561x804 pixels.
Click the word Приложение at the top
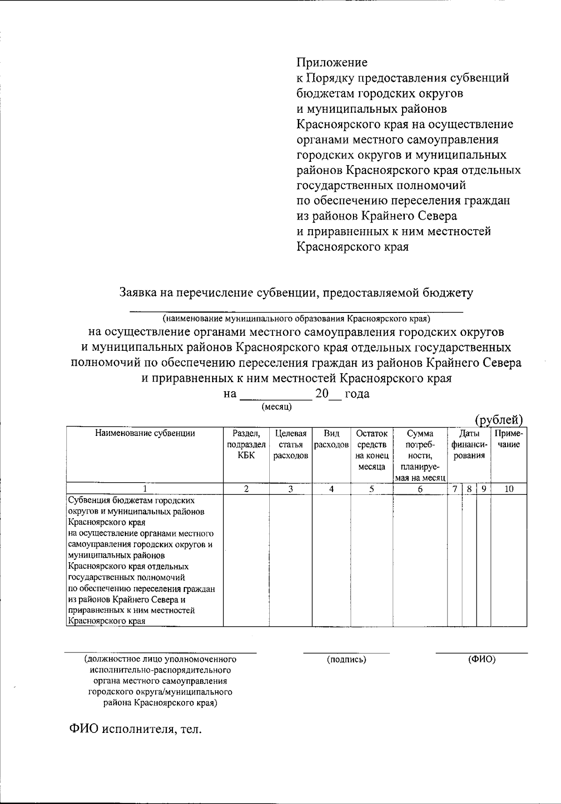[x=332, y=63]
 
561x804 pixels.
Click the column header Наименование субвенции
[x=145, y=433]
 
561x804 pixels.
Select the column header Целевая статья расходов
[x=290, y=444]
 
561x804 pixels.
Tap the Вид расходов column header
[x=331, y=439]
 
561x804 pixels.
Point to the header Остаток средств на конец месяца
[x=372, y=450]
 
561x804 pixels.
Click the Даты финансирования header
[x=469, y=444]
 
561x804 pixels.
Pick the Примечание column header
[x=509, y=439]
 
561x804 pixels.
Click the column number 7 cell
[x=454, y=489]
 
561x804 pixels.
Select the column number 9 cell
[x=483, y=489]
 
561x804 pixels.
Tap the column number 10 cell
[x=509, y=489]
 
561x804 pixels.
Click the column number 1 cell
[x=145, y=489]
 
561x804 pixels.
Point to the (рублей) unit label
[x=498, y=420]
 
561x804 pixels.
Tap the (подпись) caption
[x=346, y=659]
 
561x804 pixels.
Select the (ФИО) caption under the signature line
[x=482, y=659]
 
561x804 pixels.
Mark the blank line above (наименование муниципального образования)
[x=296, y=311]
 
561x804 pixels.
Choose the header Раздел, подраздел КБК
[x=246, y=444]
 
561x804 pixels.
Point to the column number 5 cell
[x=372, y=489]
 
